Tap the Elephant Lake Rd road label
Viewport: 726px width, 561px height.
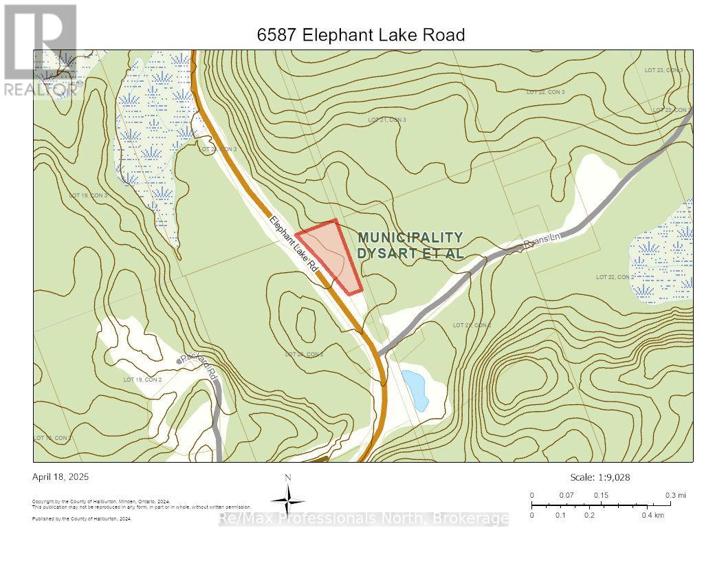click(x=294, y=243)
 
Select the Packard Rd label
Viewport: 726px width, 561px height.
click(x=199, y=368)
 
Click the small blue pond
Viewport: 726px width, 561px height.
click(x=415, y=389)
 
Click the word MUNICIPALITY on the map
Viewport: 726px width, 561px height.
click(x=410, y=237)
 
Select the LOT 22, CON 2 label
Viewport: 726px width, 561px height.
click(x=615, y=277)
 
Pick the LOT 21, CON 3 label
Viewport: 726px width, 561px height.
click(x=387, y=120)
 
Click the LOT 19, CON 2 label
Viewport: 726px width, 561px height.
click(x=142, y=379)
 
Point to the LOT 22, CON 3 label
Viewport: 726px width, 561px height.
click(x=545, y=91)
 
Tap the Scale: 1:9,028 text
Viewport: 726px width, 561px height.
click(x=600, y=477)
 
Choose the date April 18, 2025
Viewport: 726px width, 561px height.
click(x=60, y=476)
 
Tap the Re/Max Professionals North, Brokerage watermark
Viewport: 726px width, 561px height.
click(x=363, y=519)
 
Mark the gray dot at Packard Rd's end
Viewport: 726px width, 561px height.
click(x=179, y=361)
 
